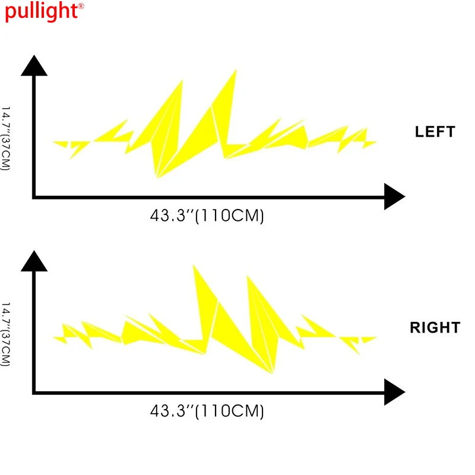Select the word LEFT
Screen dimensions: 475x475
435,132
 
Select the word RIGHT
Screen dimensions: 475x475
435,327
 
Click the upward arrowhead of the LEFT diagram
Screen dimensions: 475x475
34,65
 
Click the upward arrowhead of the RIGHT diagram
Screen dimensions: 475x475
34,261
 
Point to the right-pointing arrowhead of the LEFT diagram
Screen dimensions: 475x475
394,197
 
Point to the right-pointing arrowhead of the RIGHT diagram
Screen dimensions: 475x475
394,392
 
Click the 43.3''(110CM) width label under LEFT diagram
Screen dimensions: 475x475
207,216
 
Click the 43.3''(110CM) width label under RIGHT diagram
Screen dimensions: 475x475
207,411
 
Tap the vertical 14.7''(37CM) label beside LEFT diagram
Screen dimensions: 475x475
7,138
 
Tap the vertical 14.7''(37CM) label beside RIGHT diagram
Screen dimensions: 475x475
7,334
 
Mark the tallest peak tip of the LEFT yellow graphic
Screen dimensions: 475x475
236,70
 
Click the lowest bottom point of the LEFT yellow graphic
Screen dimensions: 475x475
157,178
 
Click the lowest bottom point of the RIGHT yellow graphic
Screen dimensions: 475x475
273,373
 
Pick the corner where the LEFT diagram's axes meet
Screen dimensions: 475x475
34,197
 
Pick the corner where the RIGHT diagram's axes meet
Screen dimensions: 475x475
34,392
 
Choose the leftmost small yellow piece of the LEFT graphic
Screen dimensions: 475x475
60,143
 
